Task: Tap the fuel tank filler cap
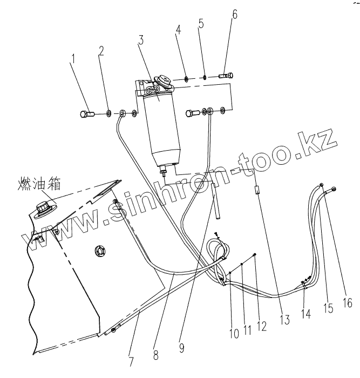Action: click(x=44, y=207)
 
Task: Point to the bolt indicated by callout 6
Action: click(x=227, y=75)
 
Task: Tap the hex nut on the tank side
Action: click(x=99, y=250)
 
